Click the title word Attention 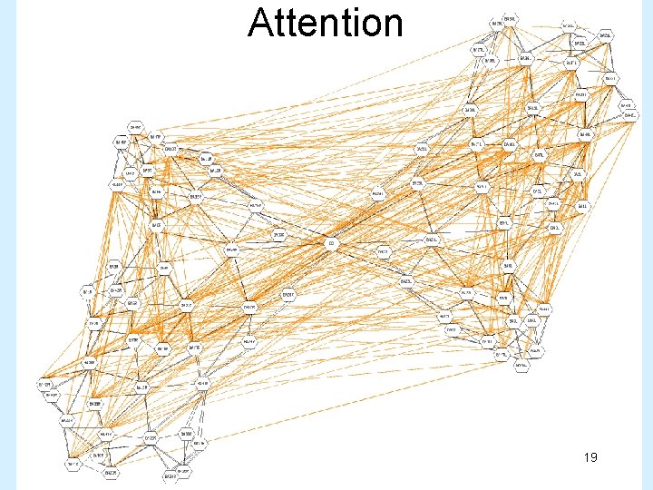(325, 23)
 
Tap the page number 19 (590, 458)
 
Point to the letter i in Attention (346, 23)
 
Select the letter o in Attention (365, 26)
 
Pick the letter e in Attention (303, 26)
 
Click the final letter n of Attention (391, 26)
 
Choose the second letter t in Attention (288, 24)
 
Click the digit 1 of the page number (585, 458)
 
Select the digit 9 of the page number (593, 458)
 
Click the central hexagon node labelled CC (332, 244)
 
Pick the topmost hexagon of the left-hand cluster (134, 126)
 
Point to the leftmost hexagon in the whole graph (44, 385)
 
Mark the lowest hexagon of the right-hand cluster (521, 367)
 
